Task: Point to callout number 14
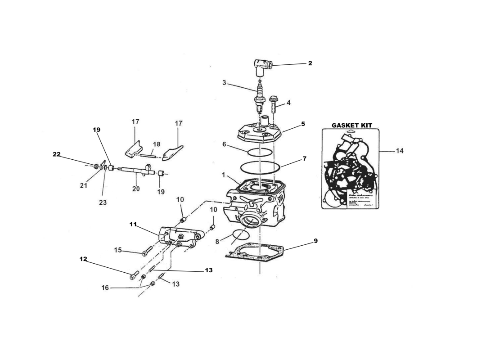click(x=399, y=151)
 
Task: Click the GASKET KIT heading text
click(x=351, y=125)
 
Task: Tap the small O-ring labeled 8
click(x=241, y=235)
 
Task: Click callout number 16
click(x=105, y=288)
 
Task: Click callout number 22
click(x=56, y=154)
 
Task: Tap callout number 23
click(x=103, y=203)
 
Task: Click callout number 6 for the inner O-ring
click(x=224, y=144)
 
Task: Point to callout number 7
click(x=305, y=158)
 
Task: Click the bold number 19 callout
click(x=96, y=129)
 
